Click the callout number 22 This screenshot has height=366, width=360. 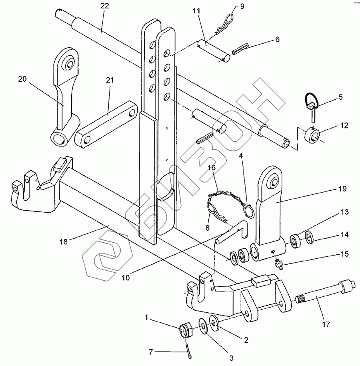[x=105, y=6]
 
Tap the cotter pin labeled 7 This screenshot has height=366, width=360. [x=189, y=349]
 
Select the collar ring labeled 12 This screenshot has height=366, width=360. [x=312, y=135]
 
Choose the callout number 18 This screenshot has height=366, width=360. [x=64, y=241]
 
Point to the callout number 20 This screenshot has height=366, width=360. [x=22, y=79]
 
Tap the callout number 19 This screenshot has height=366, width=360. [x=342, y=189]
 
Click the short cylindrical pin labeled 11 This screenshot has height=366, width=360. [x=214, y=51]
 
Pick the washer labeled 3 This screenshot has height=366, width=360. [x=203, y=326]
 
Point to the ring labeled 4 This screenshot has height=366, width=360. [x=248, y=211]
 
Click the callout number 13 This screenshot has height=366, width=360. [x=345, y=212]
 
